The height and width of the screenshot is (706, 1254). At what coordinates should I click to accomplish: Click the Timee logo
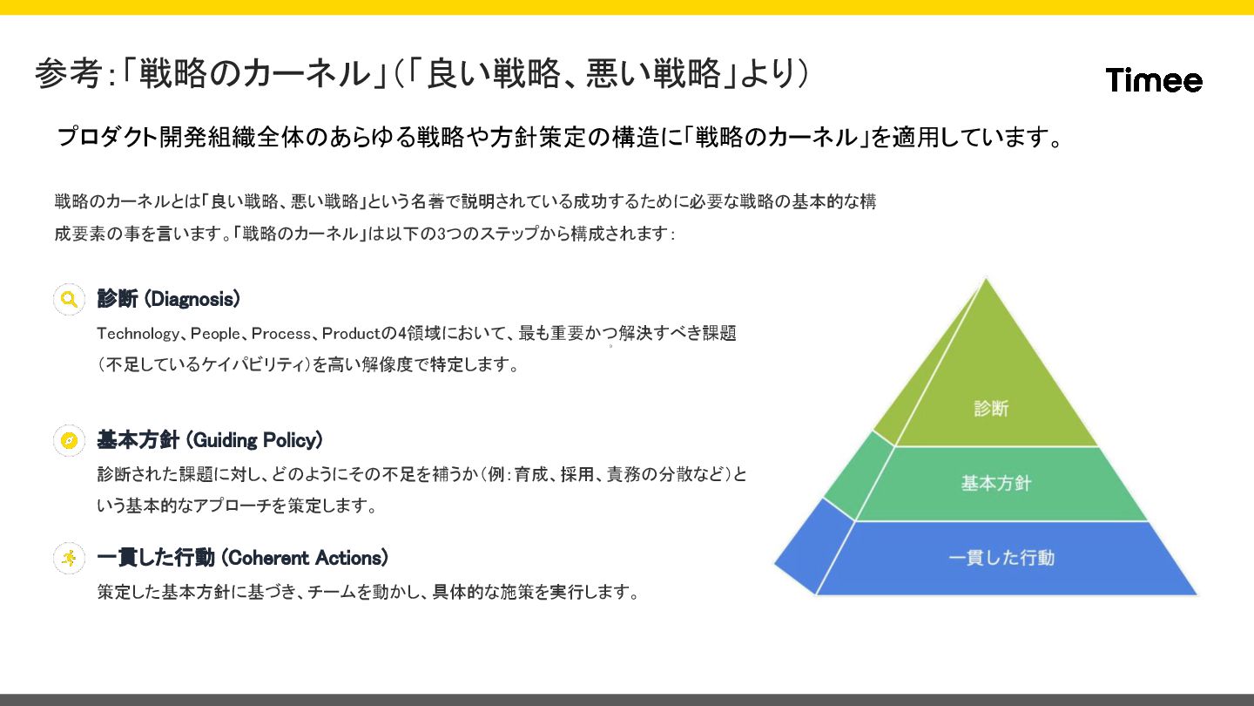pos(1154,80)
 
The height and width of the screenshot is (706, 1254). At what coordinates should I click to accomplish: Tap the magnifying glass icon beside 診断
pos(69,299)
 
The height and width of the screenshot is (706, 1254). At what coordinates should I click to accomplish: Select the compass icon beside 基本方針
pos(69,440)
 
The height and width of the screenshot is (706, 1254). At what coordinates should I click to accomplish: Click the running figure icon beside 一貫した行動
pos(69,558)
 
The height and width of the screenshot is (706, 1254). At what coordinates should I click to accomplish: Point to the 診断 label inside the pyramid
pos(991,408)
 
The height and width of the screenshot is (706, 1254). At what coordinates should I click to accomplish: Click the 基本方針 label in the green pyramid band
pos(995,483)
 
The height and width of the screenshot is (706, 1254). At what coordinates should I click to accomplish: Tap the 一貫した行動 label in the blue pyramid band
pos(1001,558)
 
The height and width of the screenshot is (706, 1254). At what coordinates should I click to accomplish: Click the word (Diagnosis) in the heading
pos(192,299)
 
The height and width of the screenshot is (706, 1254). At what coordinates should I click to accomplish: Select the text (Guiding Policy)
pos(254,440)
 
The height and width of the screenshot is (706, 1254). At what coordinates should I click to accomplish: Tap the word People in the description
pos(214,334)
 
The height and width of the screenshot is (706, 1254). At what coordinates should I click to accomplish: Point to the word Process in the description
pos(280,334)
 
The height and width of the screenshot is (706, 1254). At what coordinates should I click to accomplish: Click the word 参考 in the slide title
pos(68,74)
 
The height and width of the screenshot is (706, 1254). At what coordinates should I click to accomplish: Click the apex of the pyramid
pos(986,281)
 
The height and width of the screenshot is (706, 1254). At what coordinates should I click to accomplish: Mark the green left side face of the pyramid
pos(858,475)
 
